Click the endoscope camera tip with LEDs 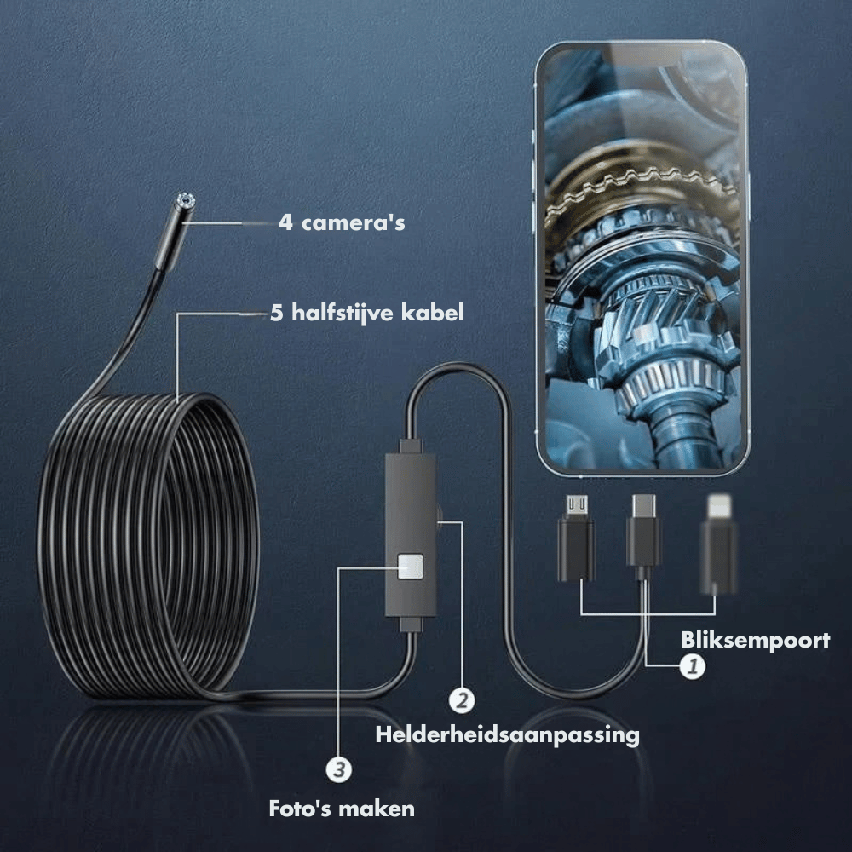(185, 201)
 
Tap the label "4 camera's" (342, 222)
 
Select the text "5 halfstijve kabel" (367, 313)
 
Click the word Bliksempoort (755, 640)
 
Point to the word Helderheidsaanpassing (508, 734)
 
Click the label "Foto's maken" (342, 809)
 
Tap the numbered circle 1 (692, 666)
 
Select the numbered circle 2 (461, 700)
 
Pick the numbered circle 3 (339, 769)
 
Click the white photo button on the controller (411, 567)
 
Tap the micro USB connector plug (576, 538)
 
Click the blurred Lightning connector (717, 544)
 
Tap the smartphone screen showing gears (642, 258)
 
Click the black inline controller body (411, 535)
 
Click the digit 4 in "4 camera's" (285, 222)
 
